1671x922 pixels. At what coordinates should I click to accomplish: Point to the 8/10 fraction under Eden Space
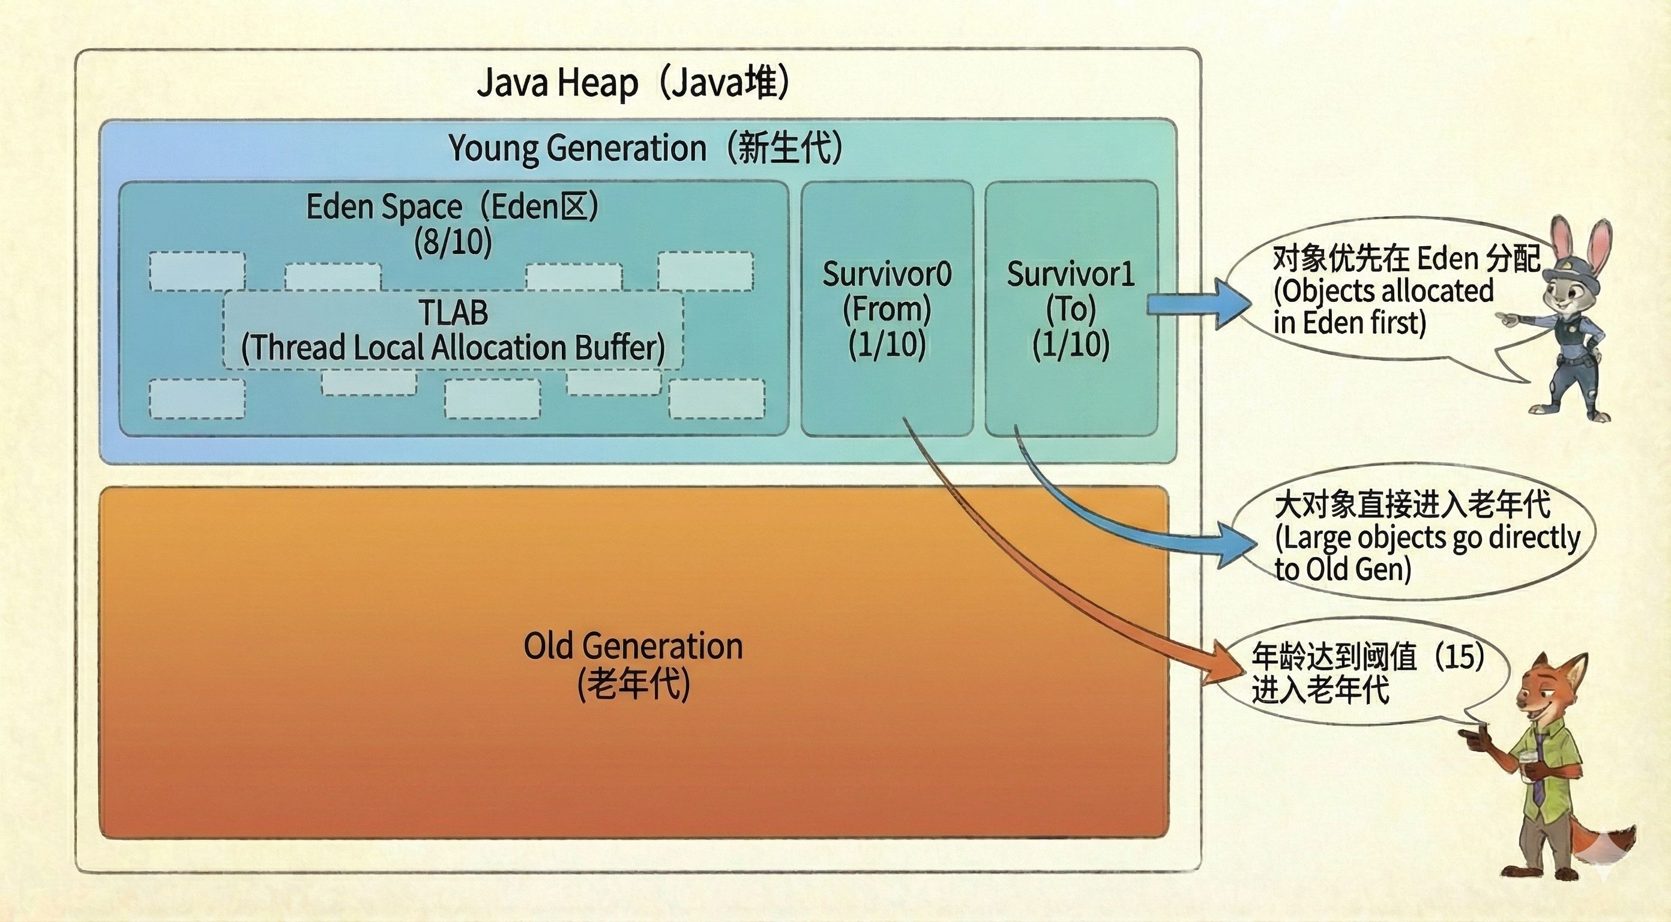coord(453,243)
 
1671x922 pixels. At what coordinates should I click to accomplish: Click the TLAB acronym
coord(453,312)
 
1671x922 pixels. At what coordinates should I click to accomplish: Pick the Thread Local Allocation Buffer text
coord(453,348)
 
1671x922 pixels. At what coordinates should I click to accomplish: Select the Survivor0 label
coord(887,274)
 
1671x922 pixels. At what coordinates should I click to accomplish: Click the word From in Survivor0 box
coord(887,310)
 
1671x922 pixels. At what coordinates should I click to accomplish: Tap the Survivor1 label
coord(1070,274)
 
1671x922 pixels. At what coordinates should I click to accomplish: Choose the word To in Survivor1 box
coord(1070,310)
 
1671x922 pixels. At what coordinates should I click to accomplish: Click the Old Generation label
coord(633,647)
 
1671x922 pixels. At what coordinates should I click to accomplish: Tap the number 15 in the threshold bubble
coord(1460,657)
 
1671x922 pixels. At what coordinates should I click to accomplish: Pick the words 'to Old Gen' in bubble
coord(1343,570)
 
